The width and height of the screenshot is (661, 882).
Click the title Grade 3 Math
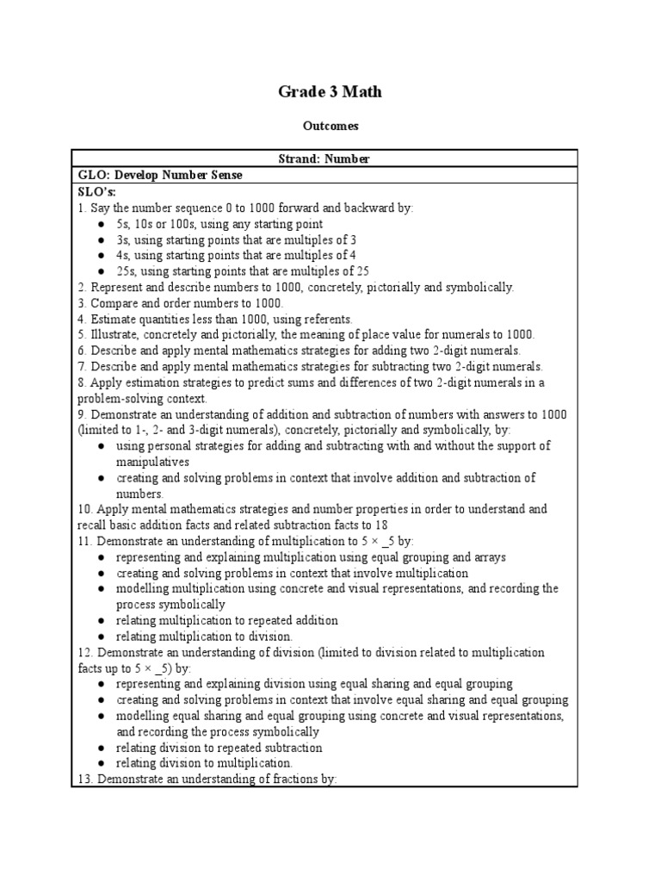coord(330,91)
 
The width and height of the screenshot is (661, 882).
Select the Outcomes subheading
coord(330,126)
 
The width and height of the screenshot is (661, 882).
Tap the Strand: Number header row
coord(330,159)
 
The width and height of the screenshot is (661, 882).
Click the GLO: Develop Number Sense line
coord(160,176)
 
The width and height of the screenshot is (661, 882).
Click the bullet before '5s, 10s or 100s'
coord(102,224)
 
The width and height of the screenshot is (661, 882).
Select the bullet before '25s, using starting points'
coord(102,271)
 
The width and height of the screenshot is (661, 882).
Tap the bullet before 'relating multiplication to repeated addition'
coord(102,621)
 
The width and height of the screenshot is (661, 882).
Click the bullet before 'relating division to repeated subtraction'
coord(102,748)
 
